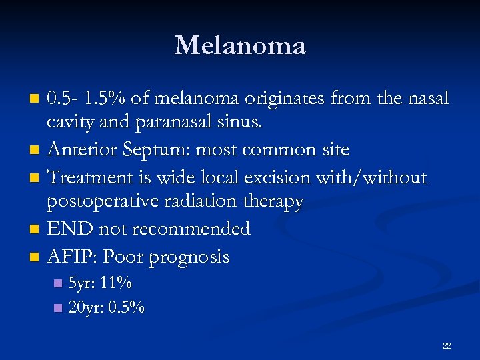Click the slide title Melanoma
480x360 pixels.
coord(240,45)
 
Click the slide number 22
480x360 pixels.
coord(446,345)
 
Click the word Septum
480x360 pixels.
coord(165,149)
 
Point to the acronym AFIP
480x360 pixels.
coord(71,257)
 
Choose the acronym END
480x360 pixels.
coord(71,229)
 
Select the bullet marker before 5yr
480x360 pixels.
coord(57,284)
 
